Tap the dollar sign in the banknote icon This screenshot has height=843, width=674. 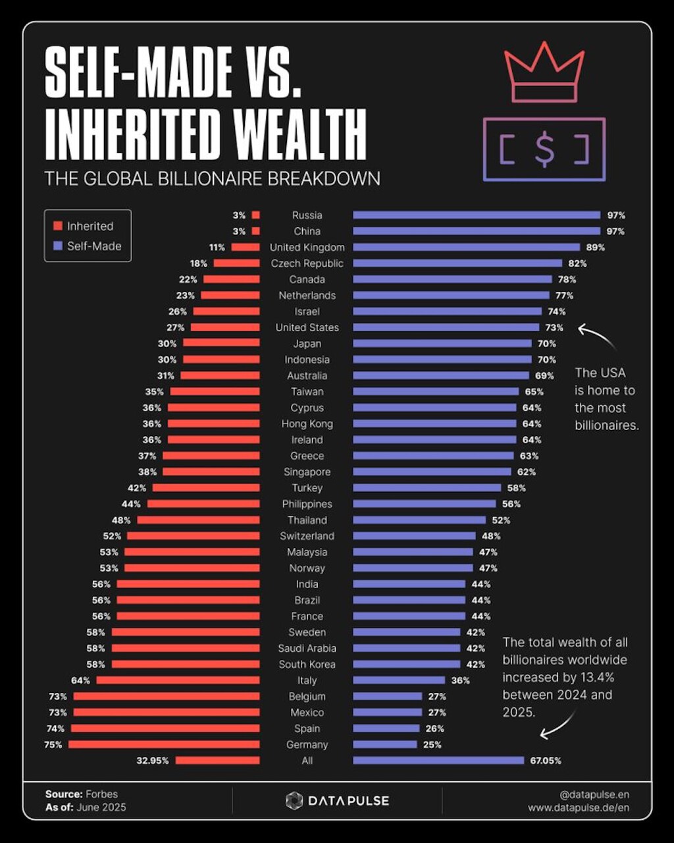coord(544,150)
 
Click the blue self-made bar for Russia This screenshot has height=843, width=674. coord(477,215)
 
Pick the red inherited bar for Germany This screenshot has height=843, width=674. coord(164,744)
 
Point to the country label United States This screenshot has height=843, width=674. coord(307,327)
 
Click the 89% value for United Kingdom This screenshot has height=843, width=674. coord(595,247)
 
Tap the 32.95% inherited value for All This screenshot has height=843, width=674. coord(153,760)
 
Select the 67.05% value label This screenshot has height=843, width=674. coord(546,760)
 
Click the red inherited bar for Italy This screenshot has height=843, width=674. coord(178,680)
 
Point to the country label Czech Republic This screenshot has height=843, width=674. coord(307,263)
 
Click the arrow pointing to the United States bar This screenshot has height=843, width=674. coord(595,335)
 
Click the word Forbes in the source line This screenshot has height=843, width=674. coord(103,794)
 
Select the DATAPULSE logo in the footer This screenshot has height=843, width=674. coord(337,801)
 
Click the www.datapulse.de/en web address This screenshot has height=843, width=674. coord(578,807)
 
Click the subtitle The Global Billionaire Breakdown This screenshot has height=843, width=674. coord(212,178)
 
